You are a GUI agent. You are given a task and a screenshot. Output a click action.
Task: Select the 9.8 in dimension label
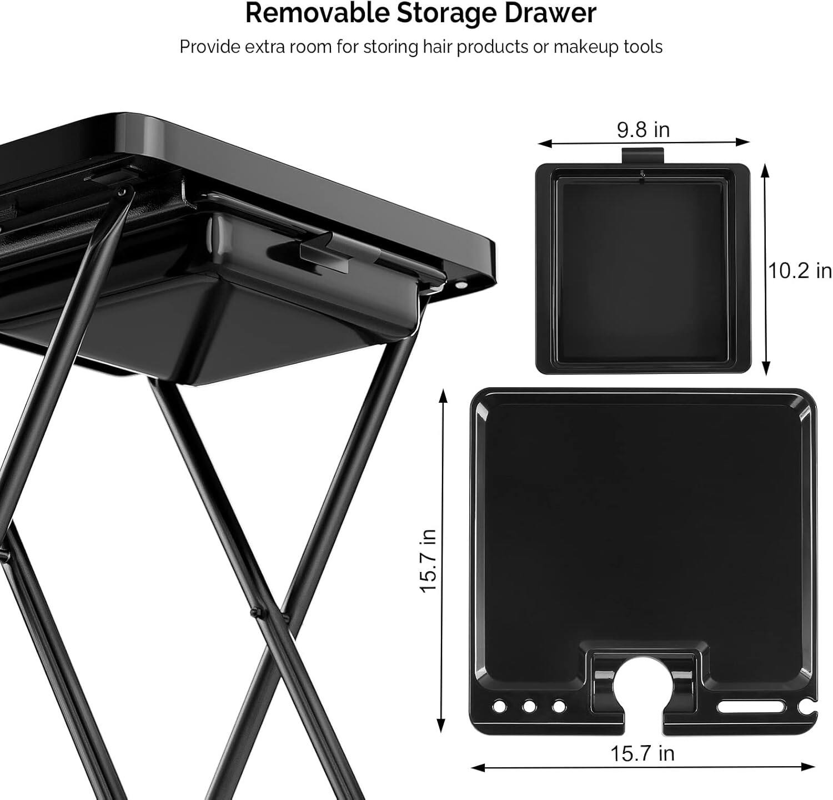pyautogui.click(x=643, y=129)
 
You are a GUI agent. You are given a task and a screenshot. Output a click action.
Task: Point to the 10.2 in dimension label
pyautogui.click(x=800, y=271)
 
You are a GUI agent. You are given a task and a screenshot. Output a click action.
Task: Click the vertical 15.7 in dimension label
pyautogui.click(x=428, y=560)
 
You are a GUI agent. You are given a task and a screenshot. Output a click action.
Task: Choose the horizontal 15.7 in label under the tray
pyautogui.click(x=642, y=753)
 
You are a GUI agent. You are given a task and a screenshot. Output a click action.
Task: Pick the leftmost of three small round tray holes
pyautogui.click(x=499, y=707)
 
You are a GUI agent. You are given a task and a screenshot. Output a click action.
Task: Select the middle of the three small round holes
pyautogui.click(x=529, y=707)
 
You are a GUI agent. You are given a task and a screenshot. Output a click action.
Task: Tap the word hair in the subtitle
pyautogui.click(x=438, y=47)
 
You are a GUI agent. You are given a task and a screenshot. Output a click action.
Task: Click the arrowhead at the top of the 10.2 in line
pyautogui.click(x=766, y=169)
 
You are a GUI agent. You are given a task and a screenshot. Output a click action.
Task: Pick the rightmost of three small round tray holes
pyautogui.click(x=559, y=707)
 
